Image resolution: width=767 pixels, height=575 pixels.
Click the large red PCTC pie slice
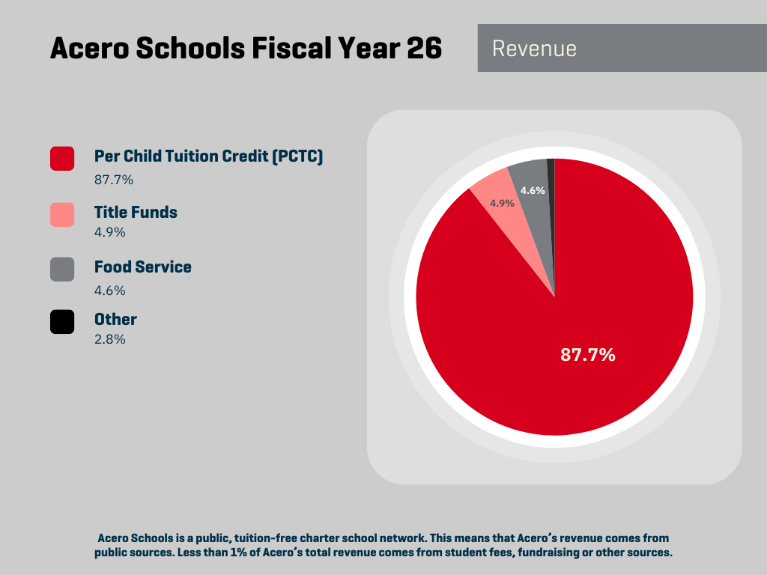569,314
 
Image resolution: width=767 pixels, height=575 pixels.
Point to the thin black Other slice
551,180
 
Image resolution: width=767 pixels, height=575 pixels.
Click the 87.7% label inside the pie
588,355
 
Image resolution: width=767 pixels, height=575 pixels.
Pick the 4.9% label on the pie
502,203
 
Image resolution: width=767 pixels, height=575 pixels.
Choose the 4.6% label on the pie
533,190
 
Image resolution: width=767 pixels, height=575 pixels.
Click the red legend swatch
62,159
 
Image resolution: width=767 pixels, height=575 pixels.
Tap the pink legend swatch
62,214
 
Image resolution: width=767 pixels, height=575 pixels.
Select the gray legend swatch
62,270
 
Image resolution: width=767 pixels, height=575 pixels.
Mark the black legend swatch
62,322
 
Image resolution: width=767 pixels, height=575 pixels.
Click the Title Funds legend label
136,212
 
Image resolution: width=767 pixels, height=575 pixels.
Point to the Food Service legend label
142,267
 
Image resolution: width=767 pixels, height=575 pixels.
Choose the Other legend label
115,319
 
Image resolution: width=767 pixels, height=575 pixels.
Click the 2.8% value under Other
109,339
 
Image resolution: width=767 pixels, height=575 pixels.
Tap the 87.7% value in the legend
113,180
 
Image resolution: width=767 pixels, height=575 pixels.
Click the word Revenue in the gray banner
534,49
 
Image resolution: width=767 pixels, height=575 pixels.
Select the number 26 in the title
424,49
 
